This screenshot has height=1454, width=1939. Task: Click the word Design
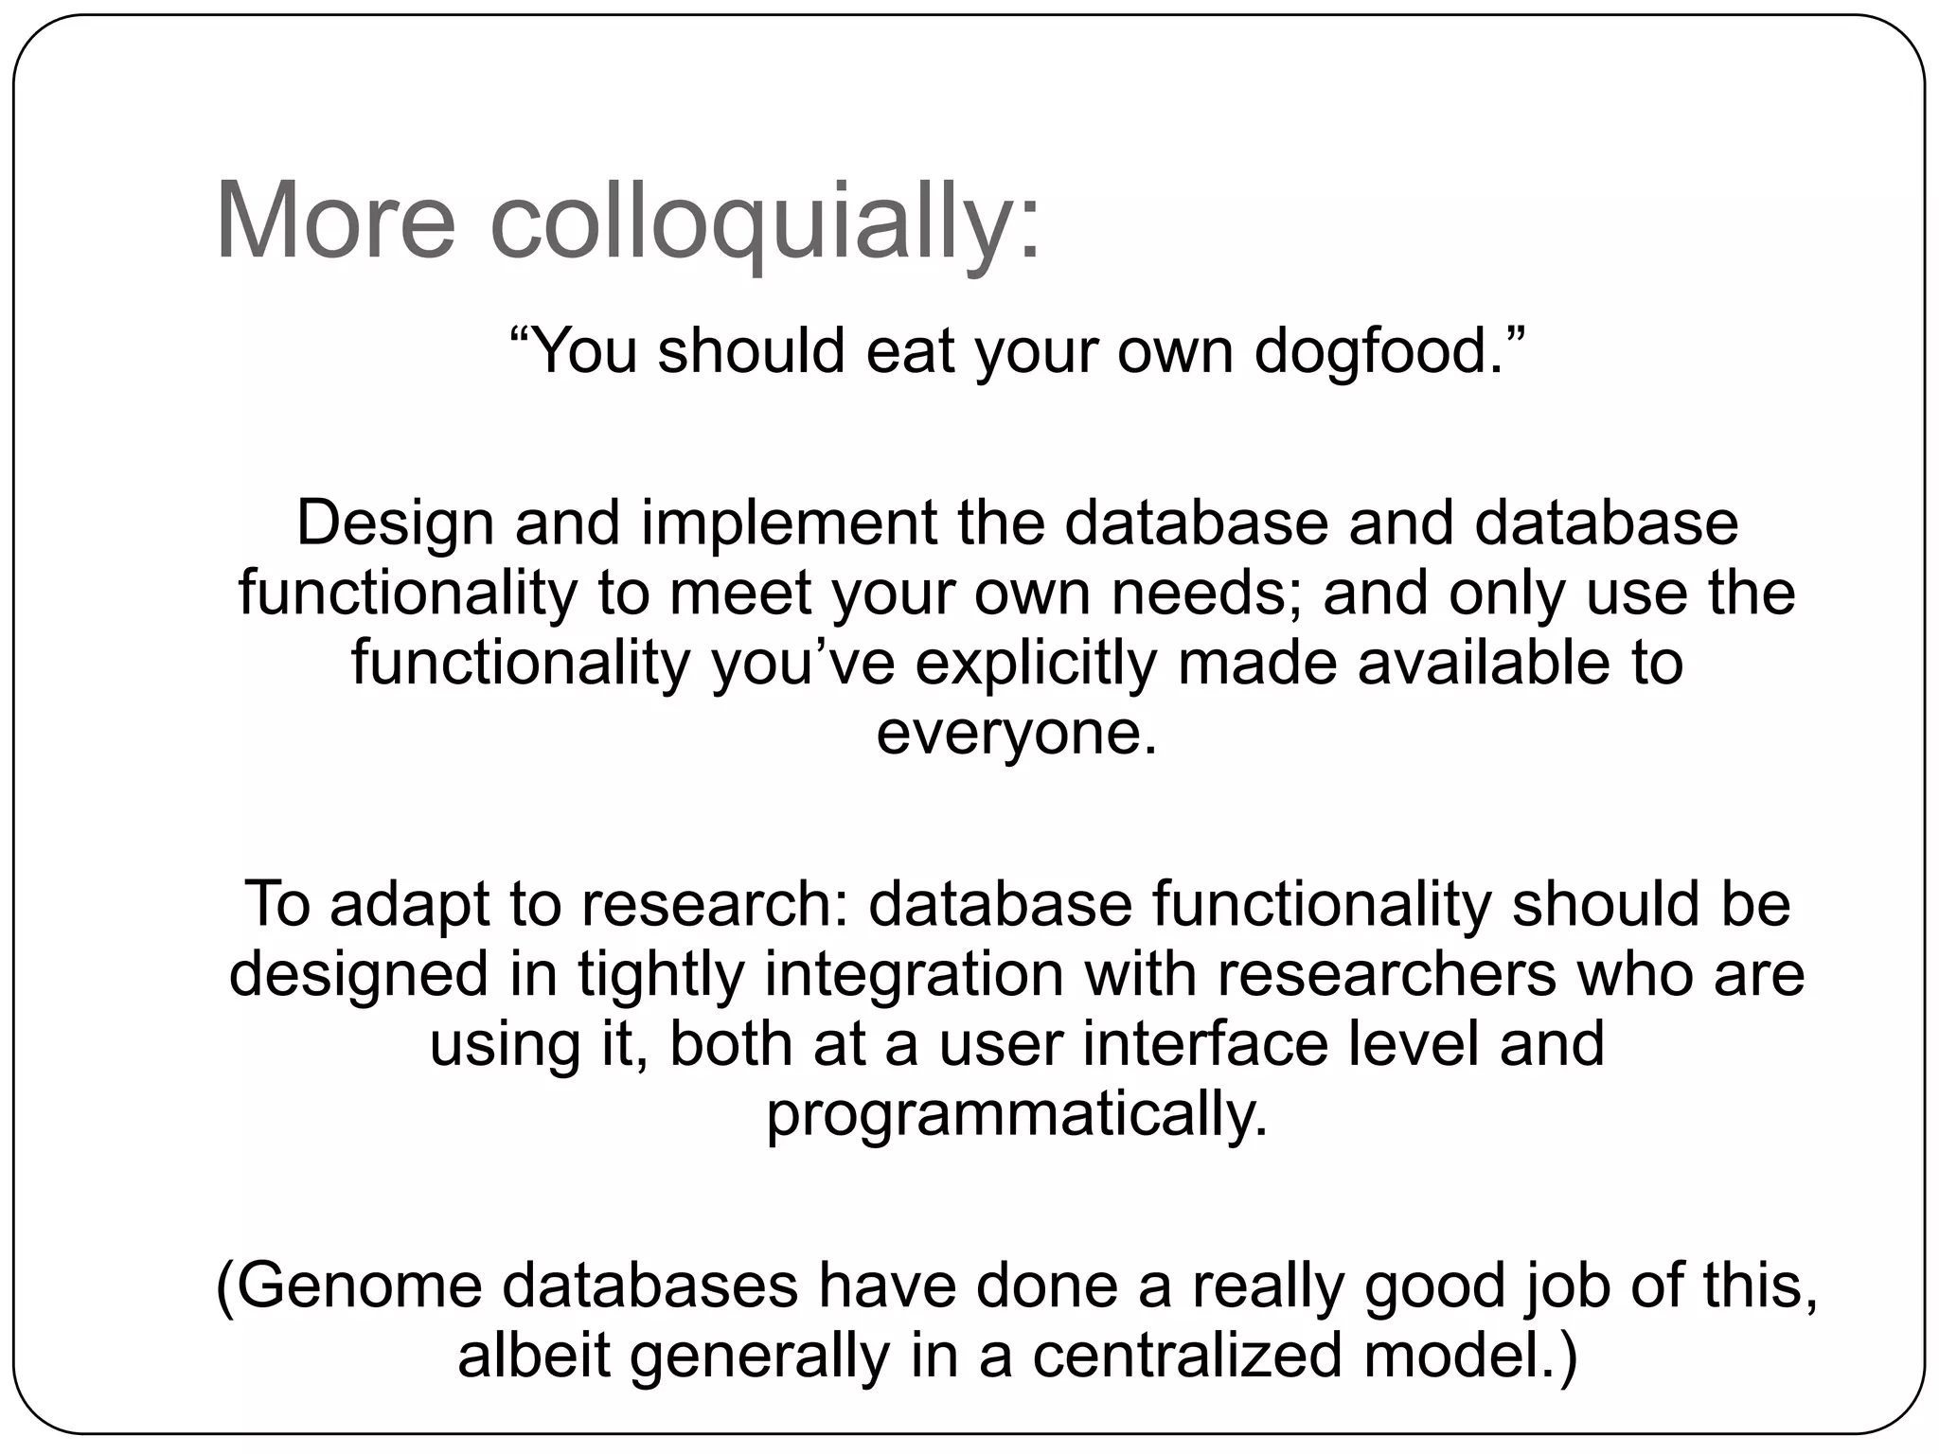pyautogui.click(x=395, y=523)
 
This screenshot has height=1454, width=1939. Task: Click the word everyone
pyautogui.click(x=1016, y=733)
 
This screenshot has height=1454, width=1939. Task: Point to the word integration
pyautogui.click(x=915, y=974)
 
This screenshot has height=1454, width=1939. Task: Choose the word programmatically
pyautogui.click(x=1016, y=1115)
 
